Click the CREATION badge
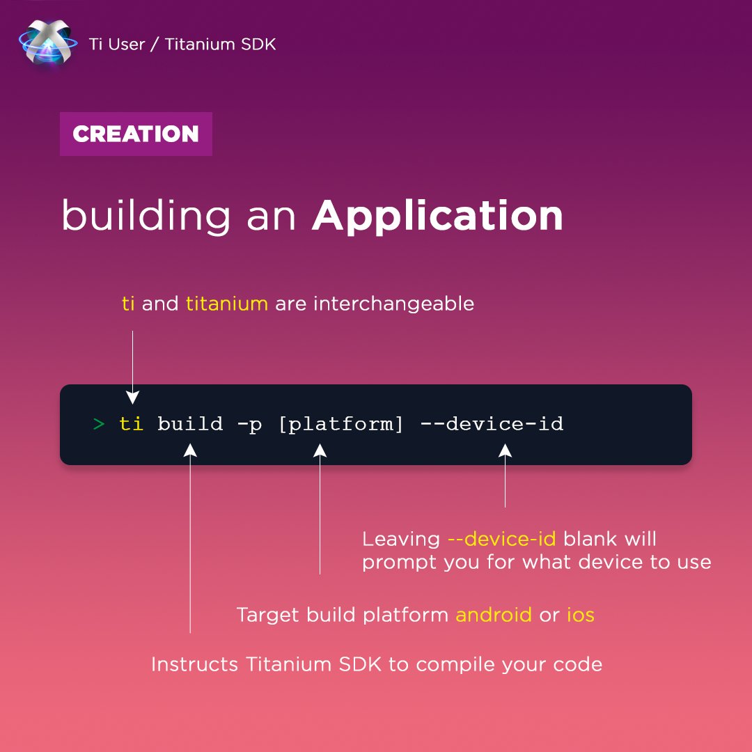tap(136, 134)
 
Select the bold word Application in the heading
tap(437, 216)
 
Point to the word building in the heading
tap(146, 216)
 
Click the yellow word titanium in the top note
tap(226, 304)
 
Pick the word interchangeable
tap(393, 304)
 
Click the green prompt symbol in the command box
tap(98, 424)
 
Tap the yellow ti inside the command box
tap(131, 423)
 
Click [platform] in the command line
tap(340, 424)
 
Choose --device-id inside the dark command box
tap(492, 424)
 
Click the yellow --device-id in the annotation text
tap(501, 540)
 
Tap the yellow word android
tap(493, 616)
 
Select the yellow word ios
tap(580, 616)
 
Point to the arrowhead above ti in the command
tap(132, 398)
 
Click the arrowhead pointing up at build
tap(190, 451)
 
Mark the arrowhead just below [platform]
tap(320, 451)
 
